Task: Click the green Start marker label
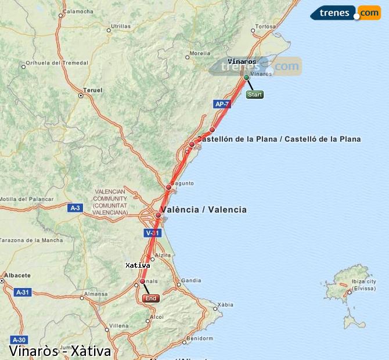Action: tap(255, 95)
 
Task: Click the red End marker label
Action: tap(151, 298)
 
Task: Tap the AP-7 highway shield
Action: tap(222, 104)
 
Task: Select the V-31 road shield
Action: tap(152, 233)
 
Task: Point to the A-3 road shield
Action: tap(75, 207)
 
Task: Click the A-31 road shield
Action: tap(23, 293)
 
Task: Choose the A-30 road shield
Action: tap(19, 340)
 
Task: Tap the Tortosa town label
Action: tap(265, 27)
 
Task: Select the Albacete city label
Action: tap(16, 275)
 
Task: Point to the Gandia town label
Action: tap(191, 280)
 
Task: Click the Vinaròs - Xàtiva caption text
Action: tap(60, 351)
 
